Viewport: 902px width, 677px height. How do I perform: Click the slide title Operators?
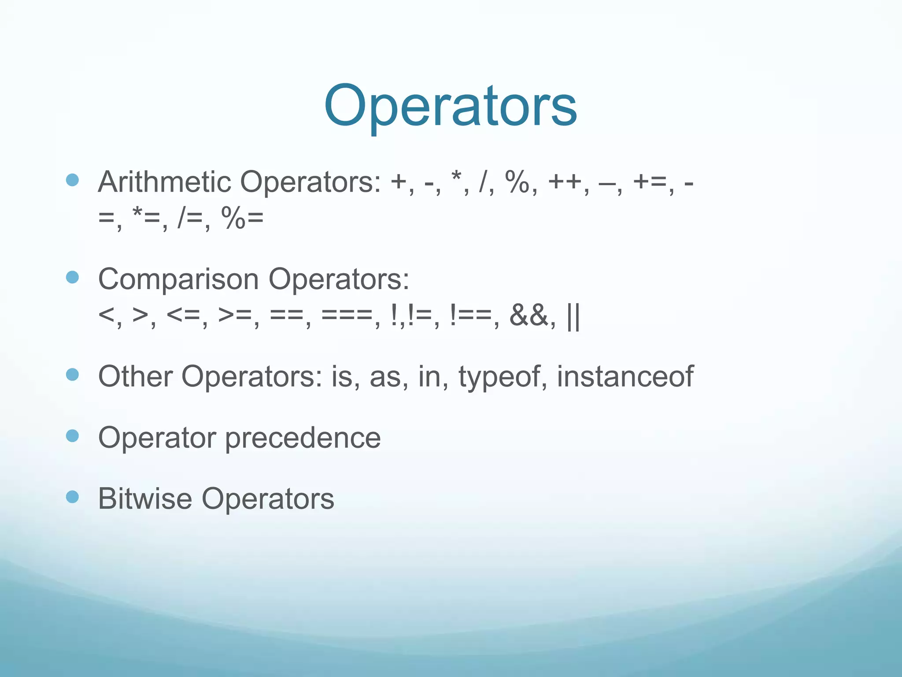pyautogui.click(x=450, y=107)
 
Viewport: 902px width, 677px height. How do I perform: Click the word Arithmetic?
pyautogui.click(x=164, y=182)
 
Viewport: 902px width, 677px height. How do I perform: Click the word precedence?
pyautogui.click(x=303, y=438)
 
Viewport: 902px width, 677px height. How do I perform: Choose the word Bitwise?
pyautogui.click(x=145, y=499)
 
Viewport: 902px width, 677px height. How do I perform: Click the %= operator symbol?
pyautogui.click(x=243, y=218)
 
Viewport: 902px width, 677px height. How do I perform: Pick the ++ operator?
pyautogui.click(x=565, y=182)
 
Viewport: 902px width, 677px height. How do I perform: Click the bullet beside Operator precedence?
pyautogui.click(x=72, y=436)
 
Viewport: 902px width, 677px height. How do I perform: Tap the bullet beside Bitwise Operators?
pyautogui.click(x=72, y=498)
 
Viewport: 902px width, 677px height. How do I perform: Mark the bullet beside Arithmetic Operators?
pyautogui.click(x=72, y=180)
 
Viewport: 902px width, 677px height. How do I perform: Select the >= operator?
pyautogui.click(x=236, y=316)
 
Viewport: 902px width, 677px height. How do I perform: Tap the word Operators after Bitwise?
pyautogui.click(x=268, y=499)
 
